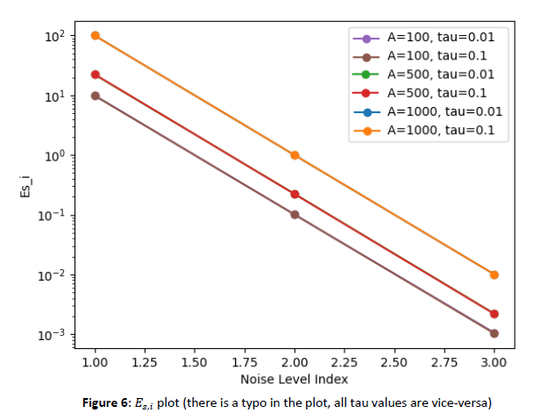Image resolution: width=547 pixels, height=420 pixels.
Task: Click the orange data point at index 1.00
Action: (96, 36)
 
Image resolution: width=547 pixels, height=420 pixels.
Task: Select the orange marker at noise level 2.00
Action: (295, 155)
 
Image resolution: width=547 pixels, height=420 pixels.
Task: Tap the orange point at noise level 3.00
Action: (494, 274)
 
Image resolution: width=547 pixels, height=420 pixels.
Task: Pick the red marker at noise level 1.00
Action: (96, 75)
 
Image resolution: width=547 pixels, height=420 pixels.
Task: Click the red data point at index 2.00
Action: (295, 194)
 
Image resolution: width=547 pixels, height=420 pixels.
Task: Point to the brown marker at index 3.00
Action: (494, 333)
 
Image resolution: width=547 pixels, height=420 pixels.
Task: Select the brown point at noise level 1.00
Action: (96, 96)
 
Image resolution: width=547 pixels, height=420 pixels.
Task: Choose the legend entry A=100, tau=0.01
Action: (437, 39)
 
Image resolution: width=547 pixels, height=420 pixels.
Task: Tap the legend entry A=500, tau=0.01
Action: (437, 75)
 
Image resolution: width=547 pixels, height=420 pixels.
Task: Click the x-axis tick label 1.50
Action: (195, 362)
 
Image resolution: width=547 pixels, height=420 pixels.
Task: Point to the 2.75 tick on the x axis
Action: (444, 362)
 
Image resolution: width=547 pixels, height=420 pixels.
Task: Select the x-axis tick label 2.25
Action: (345, 362)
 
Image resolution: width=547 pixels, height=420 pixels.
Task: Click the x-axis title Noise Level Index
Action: (295, 379)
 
